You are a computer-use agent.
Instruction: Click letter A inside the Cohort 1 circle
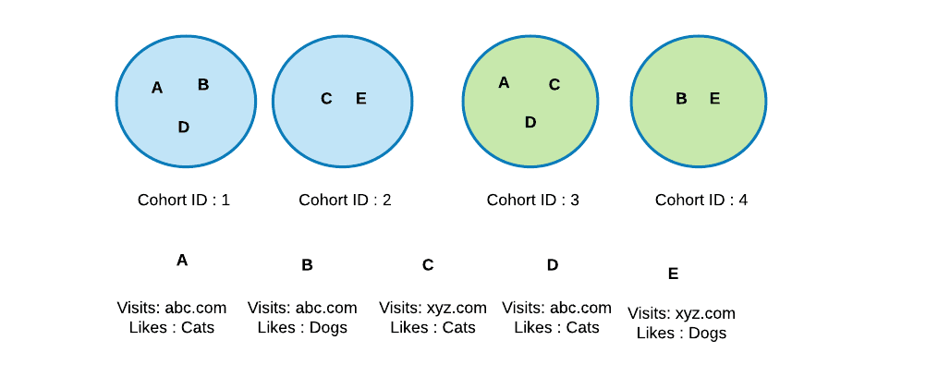pos(156,88)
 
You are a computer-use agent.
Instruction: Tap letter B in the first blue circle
pos(203,84)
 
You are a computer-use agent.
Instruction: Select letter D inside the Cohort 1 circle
pos(184,127)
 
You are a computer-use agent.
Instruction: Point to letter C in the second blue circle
pos(326,99)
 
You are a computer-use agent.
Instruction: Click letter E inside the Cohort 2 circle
pos(360,99)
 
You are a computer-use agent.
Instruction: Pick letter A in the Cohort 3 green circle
pos(504,82)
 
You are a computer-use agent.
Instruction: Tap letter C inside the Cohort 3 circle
pos(554,85)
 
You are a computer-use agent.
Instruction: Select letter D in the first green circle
pos(530,122)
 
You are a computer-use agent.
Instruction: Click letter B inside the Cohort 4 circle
pos(681,99)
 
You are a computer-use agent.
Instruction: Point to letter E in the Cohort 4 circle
pos(714,99)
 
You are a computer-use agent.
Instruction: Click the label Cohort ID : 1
pos(184,201)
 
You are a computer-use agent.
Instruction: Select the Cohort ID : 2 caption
pos(345,201)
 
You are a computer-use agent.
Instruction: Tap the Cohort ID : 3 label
pos(532,201)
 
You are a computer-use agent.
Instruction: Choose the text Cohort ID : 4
pos(701,201)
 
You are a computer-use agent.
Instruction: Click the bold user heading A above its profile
pos(182,261)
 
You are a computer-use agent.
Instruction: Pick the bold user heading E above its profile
pos(673,274)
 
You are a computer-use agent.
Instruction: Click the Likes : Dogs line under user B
pos(302,327)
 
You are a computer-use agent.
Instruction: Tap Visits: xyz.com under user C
pos(433,308)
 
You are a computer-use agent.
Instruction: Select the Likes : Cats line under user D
pos(557,327)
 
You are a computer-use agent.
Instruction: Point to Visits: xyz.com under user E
pos(681,313)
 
